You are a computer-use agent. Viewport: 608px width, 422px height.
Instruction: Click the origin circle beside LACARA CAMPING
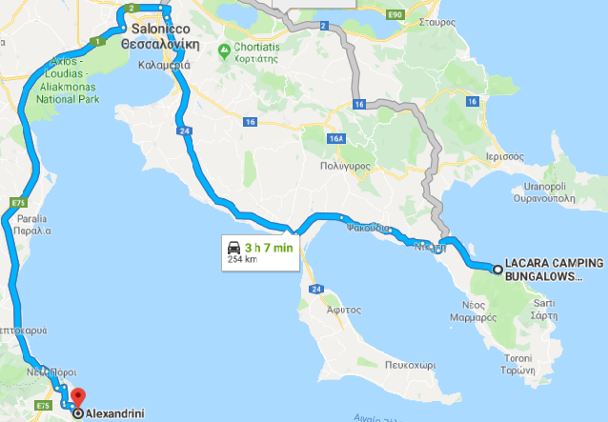coord(497,271)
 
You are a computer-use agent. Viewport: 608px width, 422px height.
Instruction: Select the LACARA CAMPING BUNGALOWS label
coord(554,270)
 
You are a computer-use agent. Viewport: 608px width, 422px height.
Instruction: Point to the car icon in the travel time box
coord(234,248)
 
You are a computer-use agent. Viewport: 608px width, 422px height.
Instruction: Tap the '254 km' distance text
coord(243,259)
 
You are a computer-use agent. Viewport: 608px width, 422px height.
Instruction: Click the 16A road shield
coord(335,138)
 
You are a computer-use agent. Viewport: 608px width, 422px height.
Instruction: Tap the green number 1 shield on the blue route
coord(96,41)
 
